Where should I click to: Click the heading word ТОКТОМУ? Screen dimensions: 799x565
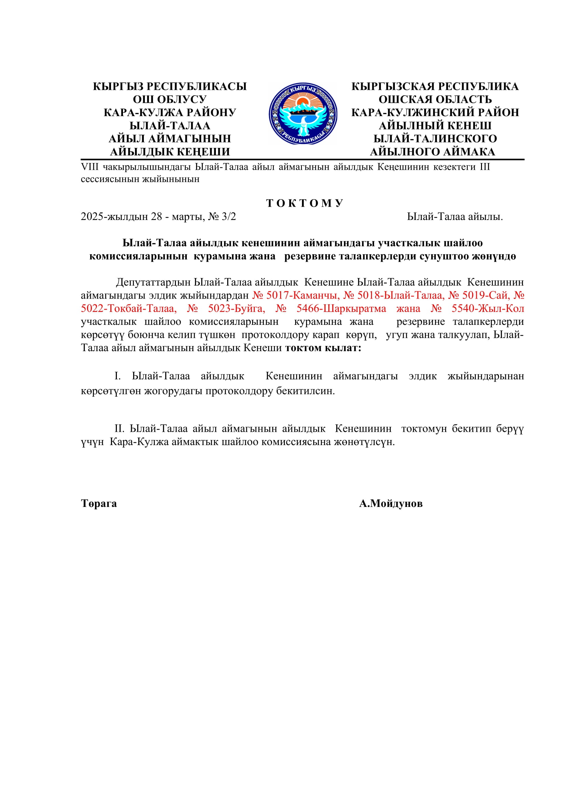305,203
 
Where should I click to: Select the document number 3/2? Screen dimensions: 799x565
229,217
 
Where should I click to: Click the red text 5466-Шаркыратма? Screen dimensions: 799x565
341,308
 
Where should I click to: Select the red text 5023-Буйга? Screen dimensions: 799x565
237,308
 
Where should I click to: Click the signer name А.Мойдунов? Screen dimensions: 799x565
391,504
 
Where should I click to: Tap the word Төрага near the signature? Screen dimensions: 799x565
99,504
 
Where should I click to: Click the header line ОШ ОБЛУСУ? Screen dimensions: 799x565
170,99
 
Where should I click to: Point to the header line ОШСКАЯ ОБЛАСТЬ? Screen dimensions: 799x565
435,99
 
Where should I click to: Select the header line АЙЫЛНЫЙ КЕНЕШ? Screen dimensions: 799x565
435,125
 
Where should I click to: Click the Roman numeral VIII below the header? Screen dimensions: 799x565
90,167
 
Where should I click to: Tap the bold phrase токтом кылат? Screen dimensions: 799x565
323,348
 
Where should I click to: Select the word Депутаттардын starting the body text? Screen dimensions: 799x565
153,282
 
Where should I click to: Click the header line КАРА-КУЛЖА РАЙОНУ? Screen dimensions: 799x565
170,112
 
